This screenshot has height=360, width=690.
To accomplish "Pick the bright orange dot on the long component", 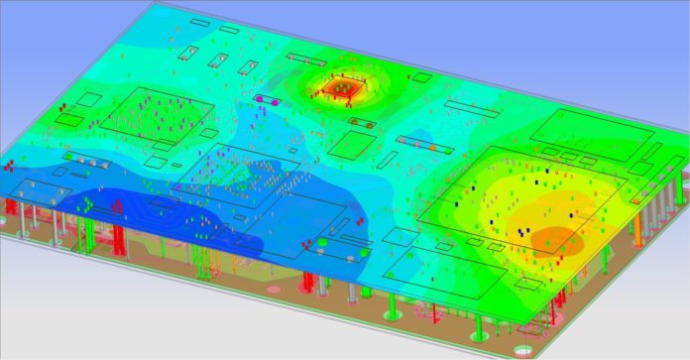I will click(x=432, y=148).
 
